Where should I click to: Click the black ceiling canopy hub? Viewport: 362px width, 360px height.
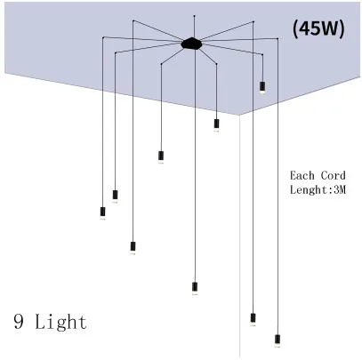pyautogui.click(x=191, y=44)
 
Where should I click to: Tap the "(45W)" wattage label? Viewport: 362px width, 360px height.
pyautogui.click(x=318, y=29)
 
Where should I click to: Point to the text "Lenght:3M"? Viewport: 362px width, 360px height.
pyautogui.click(x=318, y=189)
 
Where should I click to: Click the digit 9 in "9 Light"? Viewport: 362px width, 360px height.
pyautogui.click(x=19, y=321)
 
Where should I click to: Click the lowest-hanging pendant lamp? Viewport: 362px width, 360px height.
pyautogui.click(x=278, y=340)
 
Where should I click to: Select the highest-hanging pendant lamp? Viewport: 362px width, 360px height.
pyautogui.click(x=262, y=88)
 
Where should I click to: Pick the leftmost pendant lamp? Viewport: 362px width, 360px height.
pyautogui.click(x=102, y=213)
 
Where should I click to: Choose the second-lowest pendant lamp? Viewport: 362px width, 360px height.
pyautogui.click(x=253, y=319)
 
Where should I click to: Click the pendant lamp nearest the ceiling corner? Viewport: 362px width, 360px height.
pyautogui.click(x=216, y=125)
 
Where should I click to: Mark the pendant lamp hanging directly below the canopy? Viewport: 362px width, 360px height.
pyautogui.click(x=195, y=289)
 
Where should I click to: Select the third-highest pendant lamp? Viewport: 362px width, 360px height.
pyautogui.click(x=161, y=157)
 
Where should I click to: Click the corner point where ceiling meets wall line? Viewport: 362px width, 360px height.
pyautogui.click(x=239, y=115)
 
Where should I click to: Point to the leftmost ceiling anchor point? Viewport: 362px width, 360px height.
pyautogui.click(x=103, y=37)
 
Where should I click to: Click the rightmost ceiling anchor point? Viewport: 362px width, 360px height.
pyautogui.click(x=278, y=38)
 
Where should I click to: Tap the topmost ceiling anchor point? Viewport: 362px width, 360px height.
pyautogui.click(x=194, y=15)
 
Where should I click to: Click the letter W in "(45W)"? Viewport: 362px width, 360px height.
pyautogui.click(x=331, y=29)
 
